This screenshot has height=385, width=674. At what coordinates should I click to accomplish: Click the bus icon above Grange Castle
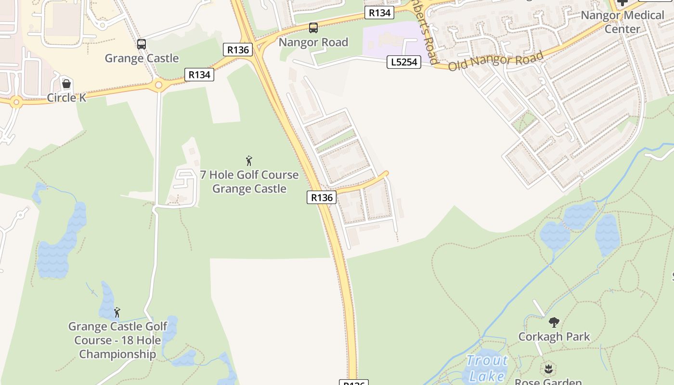tap(141, 44)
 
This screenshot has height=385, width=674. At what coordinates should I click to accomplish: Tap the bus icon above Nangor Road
tap(313, 28)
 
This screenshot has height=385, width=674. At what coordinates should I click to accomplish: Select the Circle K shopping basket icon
tap(66, 84)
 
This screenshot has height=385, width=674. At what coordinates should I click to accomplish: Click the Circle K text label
tap(66, 98)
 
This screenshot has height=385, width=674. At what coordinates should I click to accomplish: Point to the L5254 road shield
tap(404, 62)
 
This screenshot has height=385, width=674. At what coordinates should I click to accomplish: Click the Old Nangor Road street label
tap(495, 61)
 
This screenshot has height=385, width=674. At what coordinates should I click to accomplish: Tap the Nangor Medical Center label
tap(622, 22)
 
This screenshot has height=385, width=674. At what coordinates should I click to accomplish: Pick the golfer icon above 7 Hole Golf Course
tap(249, 161)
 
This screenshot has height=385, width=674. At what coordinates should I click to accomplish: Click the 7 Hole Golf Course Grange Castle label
tap(249, 181)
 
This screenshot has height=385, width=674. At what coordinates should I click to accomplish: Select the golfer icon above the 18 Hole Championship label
tap(117, 312)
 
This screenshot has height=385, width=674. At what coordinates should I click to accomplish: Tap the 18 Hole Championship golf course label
tap(117, 340)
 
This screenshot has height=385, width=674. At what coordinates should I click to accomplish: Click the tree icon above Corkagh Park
tap(554, 322)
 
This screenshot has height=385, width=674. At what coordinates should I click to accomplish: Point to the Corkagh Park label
tap(554, 336)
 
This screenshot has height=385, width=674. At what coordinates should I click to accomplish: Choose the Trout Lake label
tap(487, 368)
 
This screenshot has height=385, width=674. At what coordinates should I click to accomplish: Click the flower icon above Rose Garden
tap(548, 369)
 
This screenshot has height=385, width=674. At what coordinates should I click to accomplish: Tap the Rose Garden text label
tap(548, 382)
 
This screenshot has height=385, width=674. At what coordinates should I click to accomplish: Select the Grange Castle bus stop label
tap(142, 58)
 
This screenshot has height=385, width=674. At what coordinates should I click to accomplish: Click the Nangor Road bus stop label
tap(313, 42)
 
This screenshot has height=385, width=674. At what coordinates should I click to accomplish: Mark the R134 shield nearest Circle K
tap(199, 75)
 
